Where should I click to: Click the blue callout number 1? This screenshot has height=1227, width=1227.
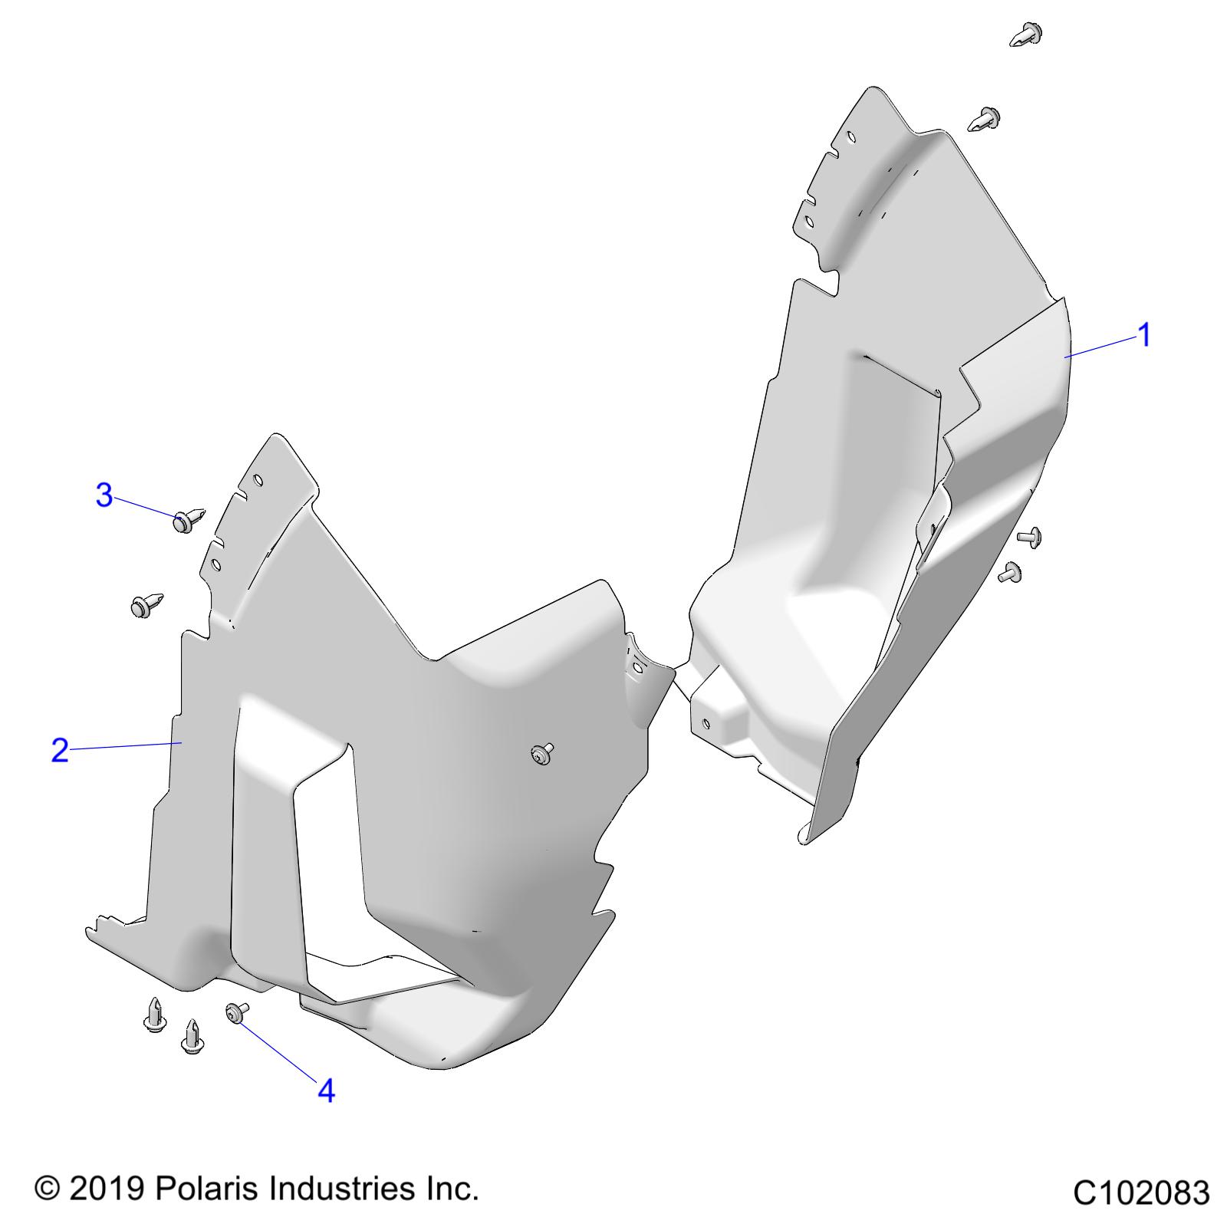tap(1143, 335)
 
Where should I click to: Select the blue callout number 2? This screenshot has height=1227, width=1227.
tap(60, 750)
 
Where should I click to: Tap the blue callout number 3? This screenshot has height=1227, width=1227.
tap(104, 495)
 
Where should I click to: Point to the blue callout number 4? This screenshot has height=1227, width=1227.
tap(326, 1090)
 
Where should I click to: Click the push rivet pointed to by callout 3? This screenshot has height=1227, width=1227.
tap(188, 519)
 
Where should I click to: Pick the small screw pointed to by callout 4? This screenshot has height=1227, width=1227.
tap(237, 1012)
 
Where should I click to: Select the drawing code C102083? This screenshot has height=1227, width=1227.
tap(1141, 1193)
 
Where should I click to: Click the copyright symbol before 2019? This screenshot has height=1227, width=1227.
tap(48, 1189)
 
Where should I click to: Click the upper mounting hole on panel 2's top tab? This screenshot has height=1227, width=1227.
tap(258, 482)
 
